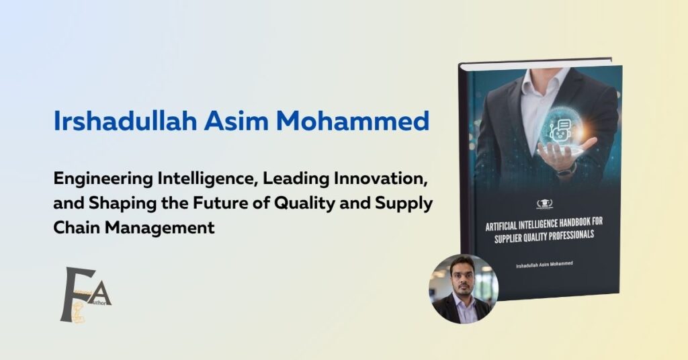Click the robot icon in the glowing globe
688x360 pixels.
click(560, 128)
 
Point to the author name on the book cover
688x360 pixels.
click(544, 267)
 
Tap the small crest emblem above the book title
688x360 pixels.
click(544, 204)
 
